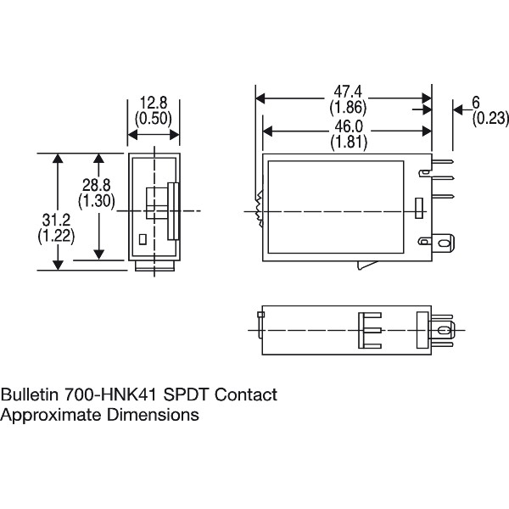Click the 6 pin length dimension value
coord(476,103)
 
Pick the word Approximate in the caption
coord(49,415)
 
